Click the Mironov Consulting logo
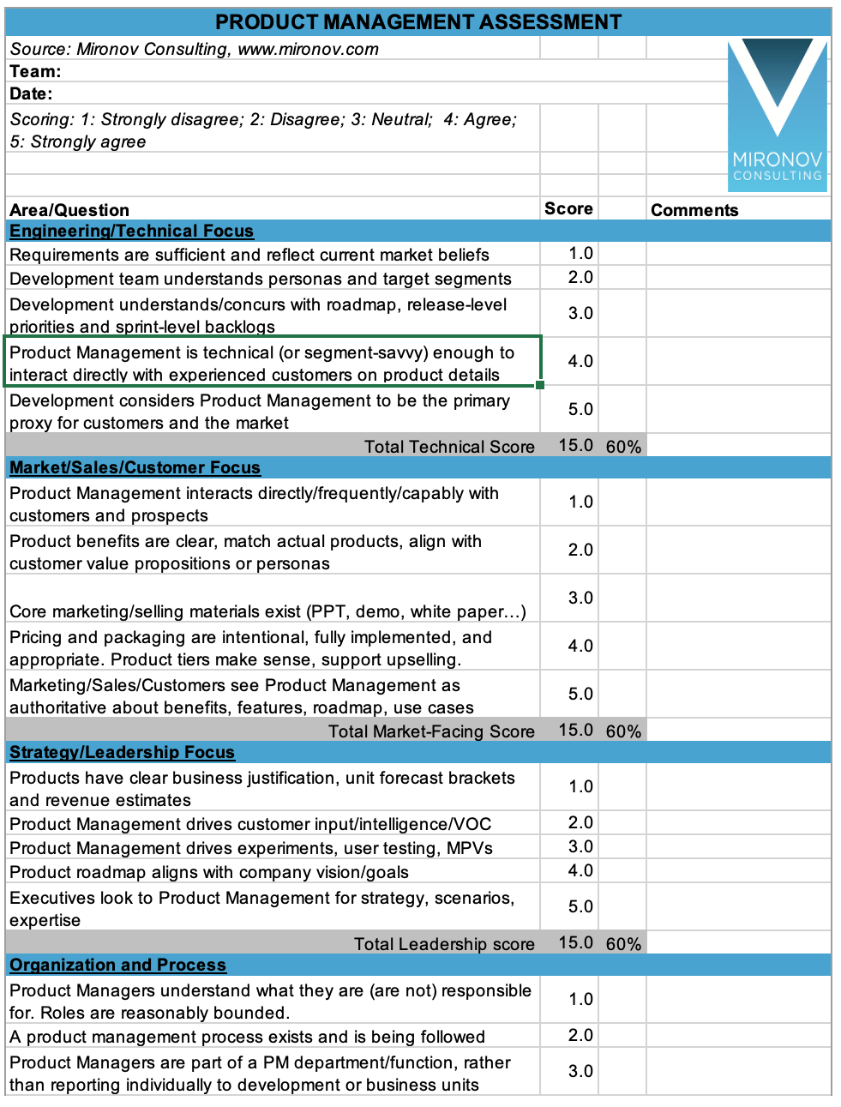(x=778, y=111)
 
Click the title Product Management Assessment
(x=418, y=22)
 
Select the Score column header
(x=568, y=209)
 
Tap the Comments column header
(x=694, y=210)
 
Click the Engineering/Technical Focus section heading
(x=131, y=232)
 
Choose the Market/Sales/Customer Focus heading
(x=135, y=468)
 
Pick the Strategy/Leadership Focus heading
(x=122, y=753)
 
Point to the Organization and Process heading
(x=117, y=966)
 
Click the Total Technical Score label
(x=449, y=447)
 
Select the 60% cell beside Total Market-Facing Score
(x=623, y=731)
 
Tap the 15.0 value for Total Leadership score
(x=576, y=943)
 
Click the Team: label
(x=35, y=72)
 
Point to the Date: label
(x=31, y=94)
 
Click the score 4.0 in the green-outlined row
(x=580, y=362)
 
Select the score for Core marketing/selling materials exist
(x=580, y=599)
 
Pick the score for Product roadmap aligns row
(x=580, y=871)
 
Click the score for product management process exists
(x=580, y=1036)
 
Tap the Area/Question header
(x=69, y=211)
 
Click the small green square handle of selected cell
(x=540, y=385)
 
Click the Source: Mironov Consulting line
(x=194, y=50)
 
